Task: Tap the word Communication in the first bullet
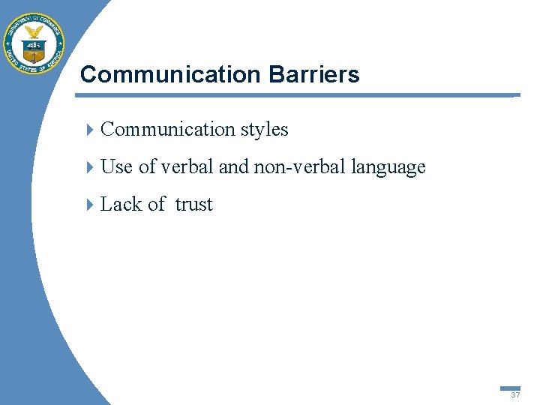coord(168,130)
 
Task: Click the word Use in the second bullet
coord(116,167)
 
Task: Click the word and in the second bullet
coord(233,167)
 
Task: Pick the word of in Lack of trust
coord(156,205)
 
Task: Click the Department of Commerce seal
coord(34,43)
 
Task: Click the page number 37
coord(515,395)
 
